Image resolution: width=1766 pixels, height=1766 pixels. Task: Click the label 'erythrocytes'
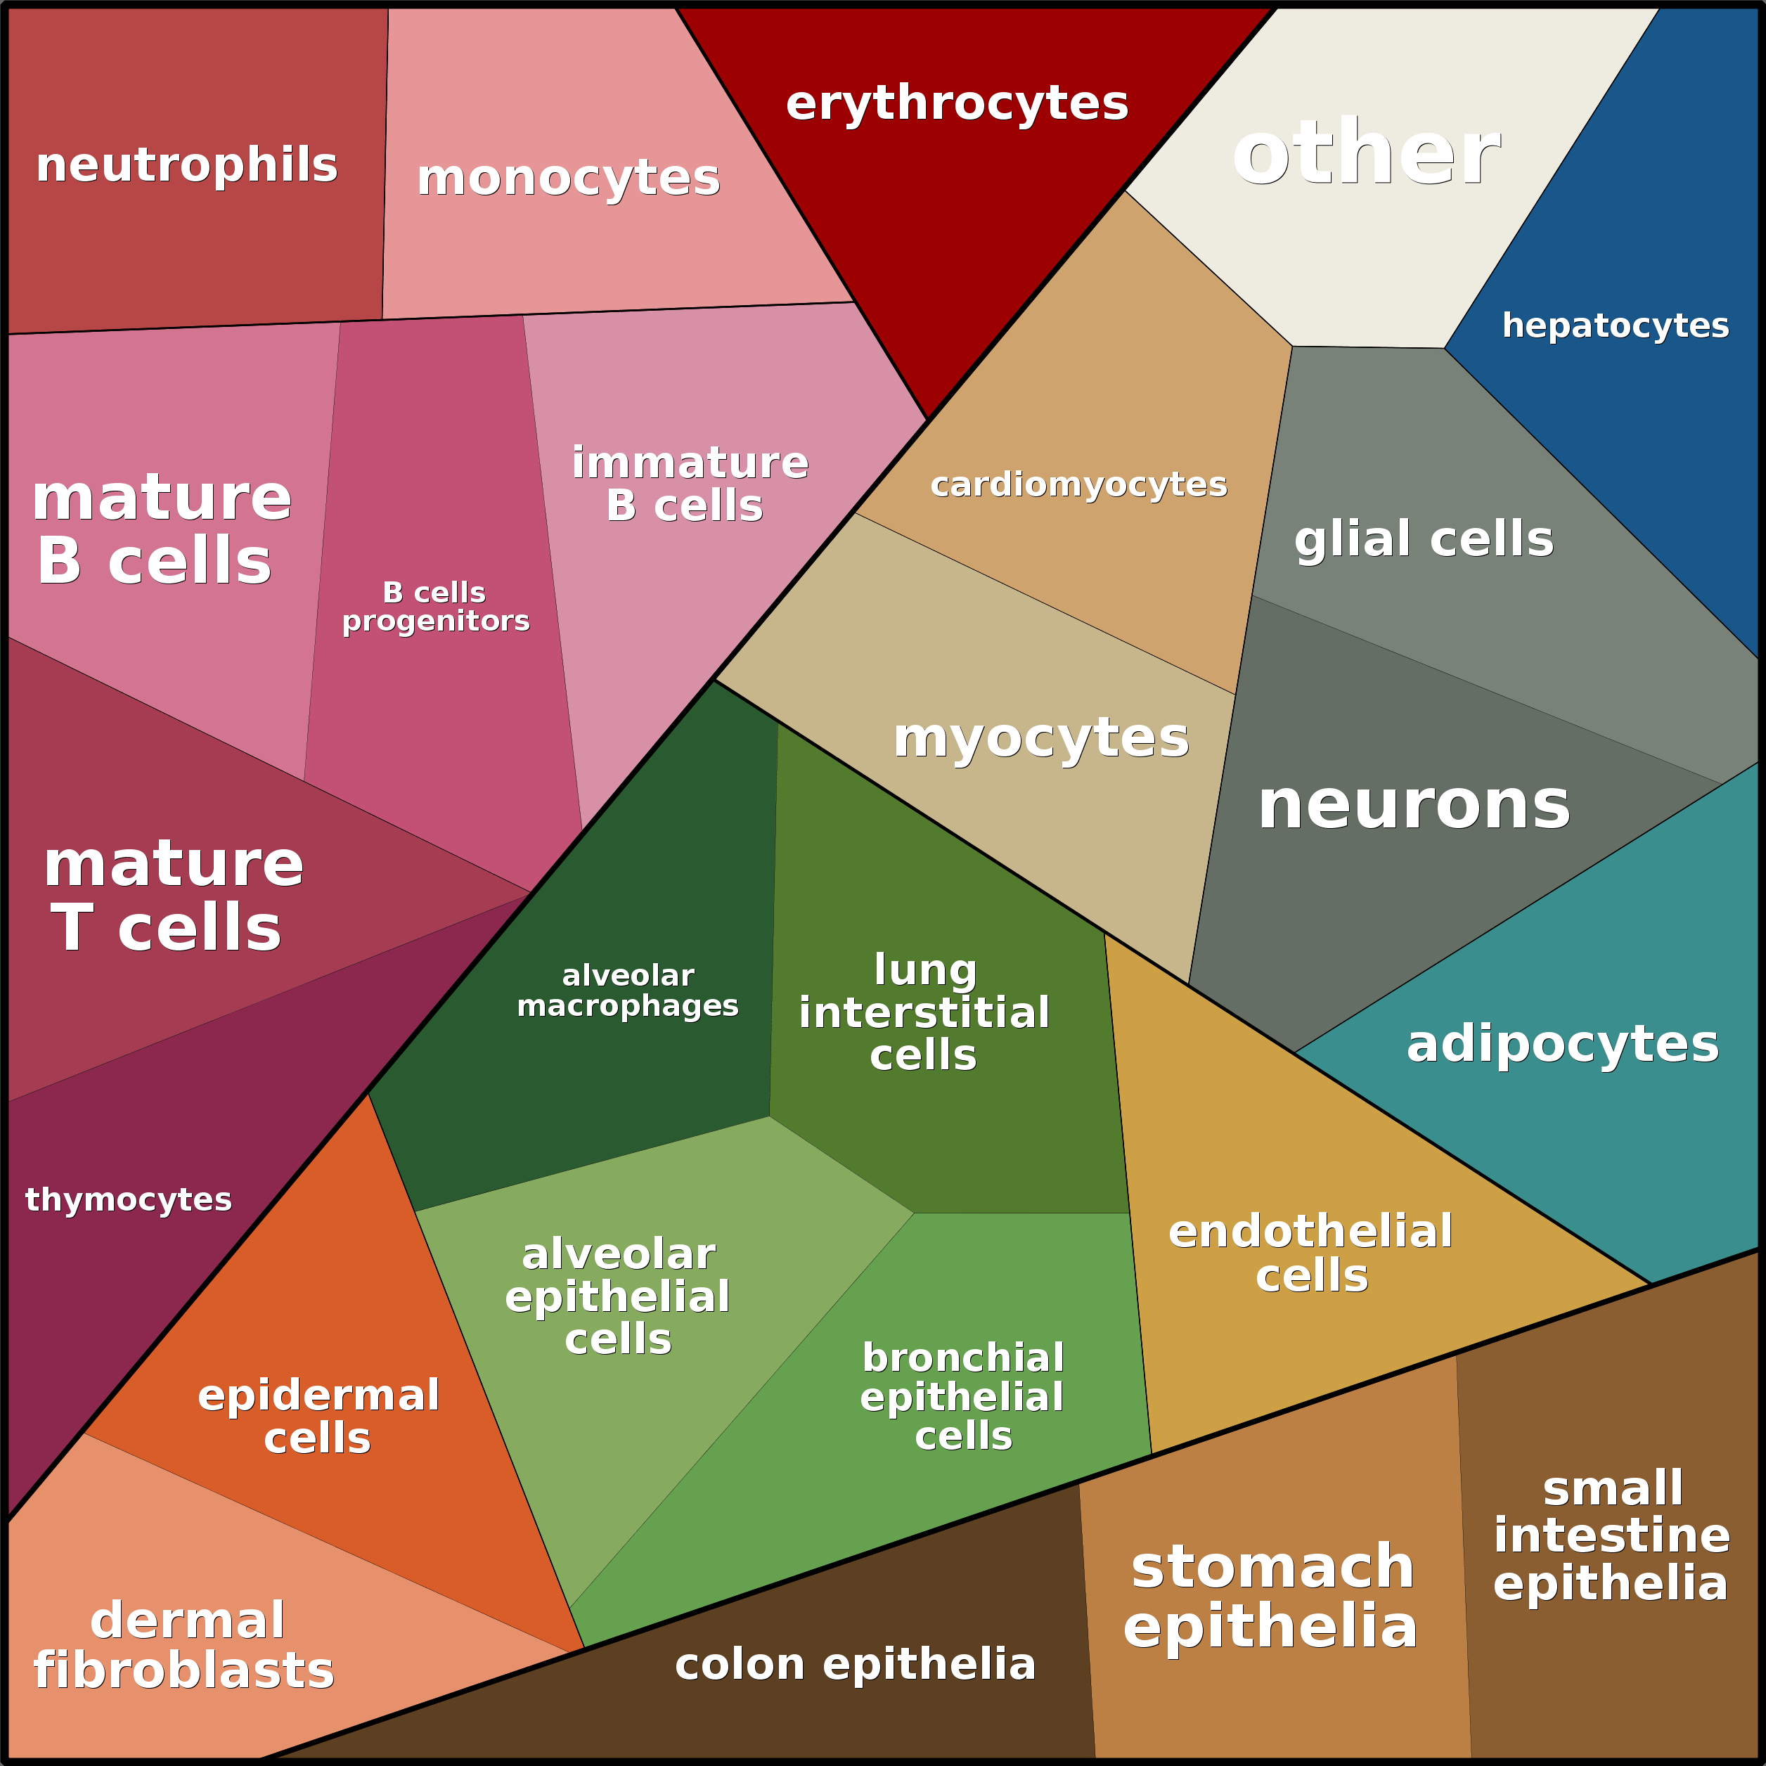956,103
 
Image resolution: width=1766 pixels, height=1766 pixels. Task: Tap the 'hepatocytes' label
1615,326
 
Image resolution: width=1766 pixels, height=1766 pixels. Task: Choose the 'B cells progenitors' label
435,606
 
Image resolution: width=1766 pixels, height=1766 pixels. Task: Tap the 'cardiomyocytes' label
1078,484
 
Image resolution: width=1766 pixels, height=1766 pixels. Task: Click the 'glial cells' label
1423,539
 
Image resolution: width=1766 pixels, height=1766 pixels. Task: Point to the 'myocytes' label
1041,737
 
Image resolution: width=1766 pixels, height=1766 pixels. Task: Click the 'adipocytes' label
1562,1044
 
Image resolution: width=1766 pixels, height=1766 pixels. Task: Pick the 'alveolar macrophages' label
628,990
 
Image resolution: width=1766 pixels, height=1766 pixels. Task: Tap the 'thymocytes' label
129,1199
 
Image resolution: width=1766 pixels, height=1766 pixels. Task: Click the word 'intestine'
1611,1535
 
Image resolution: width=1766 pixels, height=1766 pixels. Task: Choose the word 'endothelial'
1310,1231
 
